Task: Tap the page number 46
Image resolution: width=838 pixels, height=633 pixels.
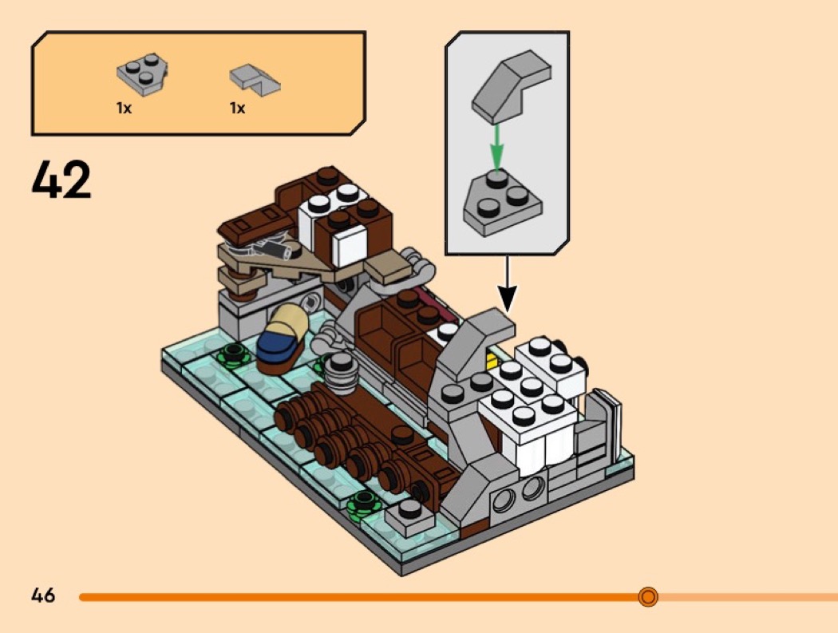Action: (43, 595)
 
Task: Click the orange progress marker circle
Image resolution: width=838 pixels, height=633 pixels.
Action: (648, 596)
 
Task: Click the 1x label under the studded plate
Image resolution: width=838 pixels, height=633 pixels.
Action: (123, 108)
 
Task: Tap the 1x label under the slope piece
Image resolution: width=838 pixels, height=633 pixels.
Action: (237, 108)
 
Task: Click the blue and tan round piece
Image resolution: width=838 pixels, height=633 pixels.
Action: (283, 339)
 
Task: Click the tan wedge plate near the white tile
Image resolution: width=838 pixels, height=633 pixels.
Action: (389, 271)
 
